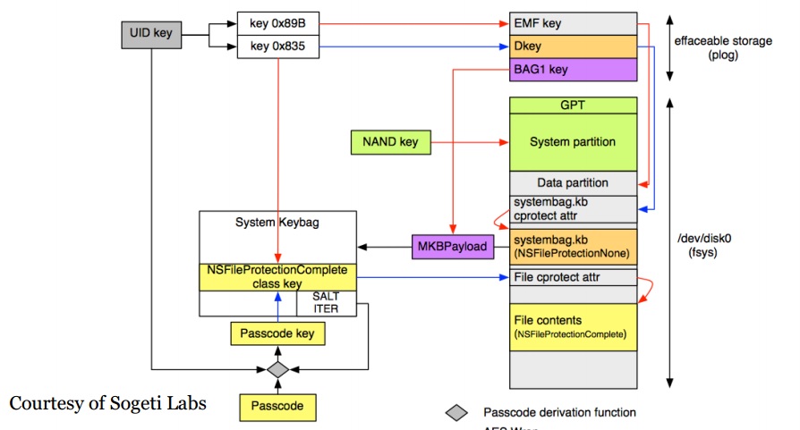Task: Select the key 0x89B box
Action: coord(277,22)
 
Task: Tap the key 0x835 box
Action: coord(277,46)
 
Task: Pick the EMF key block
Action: coord(573,22)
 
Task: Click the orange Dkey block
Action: coord(573,45)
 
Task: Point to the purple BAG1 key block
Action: coord(573,68)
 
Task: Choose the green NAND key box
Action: coord(390,141)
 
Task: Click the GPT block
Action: coord(573,105)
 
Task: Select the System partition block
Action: coord(573,142)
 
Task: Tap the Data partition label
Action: coord(573,182)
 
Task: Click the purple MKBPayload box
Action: coord(453,246)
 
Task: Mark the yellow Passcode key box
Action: coord(277,334)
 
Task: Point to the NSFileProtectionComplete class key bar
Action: coord(277,276)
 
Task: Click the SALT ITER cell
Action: coord(326,303)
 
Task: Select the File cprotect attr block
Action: coord(573,277)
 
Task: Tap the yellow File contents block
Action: coord(573,327)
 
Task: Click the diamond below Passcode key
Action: coord(277,368)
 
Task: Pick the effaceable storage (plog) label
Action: coord(711,46)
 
